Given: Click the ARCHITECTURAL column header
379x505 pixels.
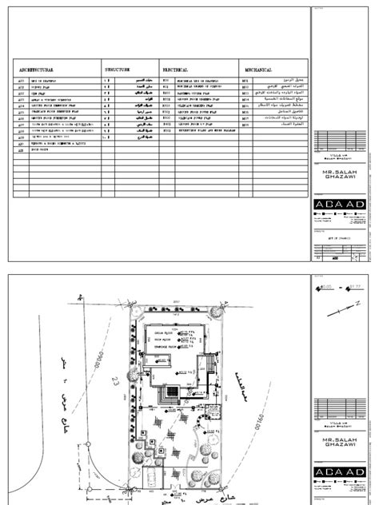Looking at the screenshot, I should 36,70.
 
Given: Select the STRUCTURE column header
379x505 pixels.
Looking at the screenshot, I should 122,70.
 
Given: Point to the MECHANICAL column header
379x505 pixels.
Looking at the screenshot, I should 259,70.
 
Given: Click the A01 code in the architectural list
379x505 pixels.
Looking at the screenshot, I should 22,82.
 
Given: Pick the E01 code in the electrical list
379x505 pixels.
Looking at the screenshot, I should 166,82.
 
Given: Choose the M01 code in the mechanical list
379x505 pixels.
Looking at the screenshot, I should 246,82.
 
